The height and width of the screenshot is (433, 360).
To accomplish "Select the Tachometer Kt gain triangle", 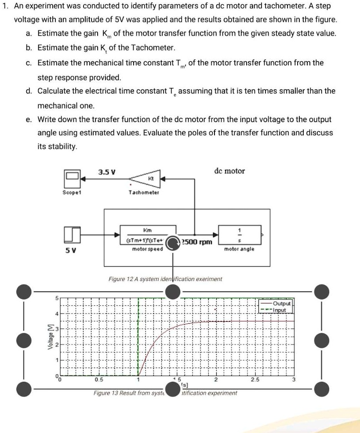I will [145, 179].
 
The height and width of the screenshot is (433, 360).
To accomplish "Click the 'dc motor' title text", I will [229, 171].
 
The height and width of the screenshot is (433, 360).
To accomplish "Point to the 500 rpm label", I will [197, 242].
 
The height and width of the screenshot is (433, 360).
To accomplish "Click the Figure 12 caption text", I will [165, 279].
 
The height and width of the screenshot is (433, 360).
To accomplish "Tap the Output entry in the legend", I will [281, 303].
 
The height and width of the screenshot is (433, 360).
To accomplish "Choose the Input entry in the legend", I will [280, 310].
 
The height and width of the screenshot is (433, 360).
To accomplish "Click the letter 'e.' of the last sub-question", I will [29, 119].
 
